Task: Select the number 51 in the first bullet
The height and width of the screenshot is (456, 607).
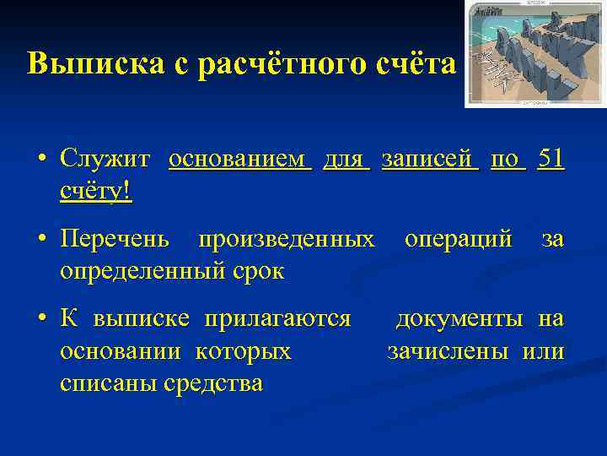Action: click(x=551, y=158)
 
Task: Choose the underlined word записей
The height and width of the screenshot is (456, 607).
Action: click(x=430, y=158)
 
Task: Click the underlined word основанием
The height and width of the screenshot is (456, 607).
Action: click(x=240, y=158)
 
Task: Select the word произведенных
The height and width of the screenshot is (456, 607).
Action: click(x=286, y=240)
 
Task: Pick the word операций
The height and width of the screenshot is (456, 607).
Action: click(x=458, y=240)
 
